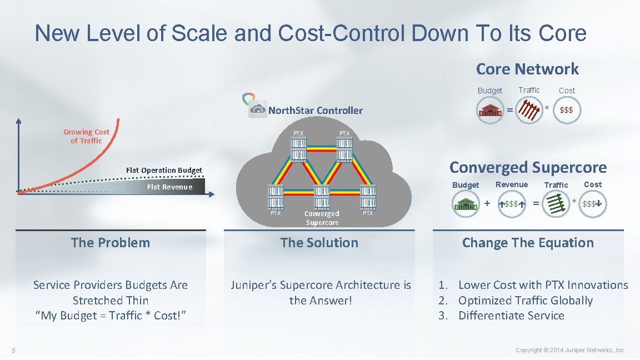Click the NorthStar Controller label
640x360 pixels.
point(315,110)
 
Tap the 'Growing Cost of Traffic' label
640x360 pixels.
point(86,136)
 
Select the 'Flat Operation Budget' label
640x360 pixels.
point(164,170)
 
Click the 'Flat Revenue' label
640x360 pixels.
point(169,187)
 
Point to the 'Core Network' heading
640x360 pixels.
point(527,69)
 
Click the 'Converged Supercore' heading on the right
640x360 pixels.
point(528,167)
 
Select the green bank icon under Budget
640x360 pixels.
point(465,204)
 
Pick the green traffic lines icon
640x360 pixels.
point(556,204)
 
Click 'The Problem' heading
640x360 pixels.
point(111,243)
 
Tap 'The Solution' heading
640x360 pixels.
point(319,243)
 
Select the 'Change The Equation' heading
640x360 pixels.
point(528,243)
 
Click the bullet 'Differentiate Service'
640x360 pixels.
point(511,316)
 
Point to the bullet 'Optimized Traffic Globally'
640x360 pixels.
point(525,301)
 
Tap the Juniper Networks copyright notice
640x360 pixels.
point(571,350)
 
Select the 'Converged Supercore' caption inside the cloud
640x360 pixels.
point(322,218)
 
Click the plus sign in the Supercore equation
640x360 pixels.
point(487,203)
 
